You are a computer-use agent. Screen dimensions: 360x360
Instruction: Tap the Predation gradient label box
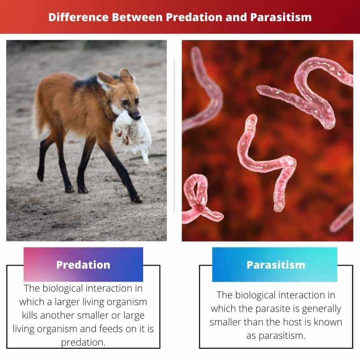pos(83,265)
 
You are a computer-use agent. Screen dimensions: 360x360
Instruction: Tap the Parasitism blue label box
pos(274,265)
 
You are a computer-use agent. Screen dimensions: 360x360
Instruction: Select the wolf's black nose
pos(138,116)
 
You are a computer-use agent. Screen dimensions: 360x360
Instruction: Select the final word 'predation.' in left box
pos(83,342)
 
